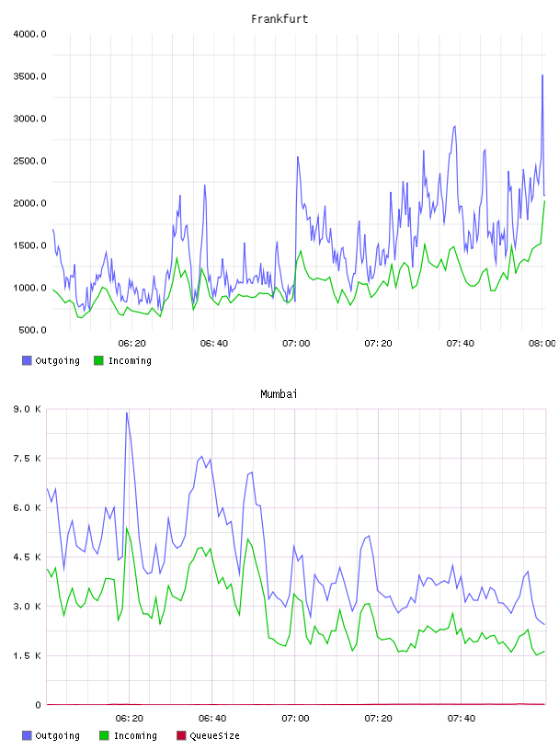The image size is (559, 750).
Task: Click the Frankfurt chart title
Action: pyautogui.click(x=279, y=18)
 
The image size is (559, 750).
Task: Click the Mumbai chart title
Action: pyautogui.click(x=279, y=393)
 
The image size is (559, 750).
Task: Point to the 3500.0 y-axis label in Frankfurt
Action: pyautogui.click(x=29, y=76)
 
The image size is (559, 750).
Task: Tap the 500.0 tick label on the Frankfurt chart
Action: pyautogui.click(x=32, y=330)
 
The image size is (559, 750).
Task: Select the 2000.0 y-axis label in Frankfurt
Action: pyautogui.click(x=29, y=203)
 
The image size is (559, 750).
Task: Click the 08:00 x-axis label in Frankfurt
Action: pyautogui.click(x=542, y=343)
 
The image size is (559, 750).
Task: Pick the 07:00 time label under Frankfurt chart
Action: pyautogui.click(x=296, y=343)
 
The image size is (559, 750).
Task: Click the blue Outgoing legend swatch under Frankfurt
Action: pyautogui.click(x=27, y=360)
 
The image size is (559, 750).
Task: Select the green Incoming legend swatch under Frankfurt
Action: pyautogui.click(x=98, y=360)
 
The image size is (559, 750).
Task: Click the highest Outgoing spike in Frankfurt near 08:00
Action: pyautogui.click(x=542, y=75)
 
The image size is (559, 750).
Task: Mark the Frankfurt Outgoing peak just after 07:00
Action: pyautogui.click(x=298, y=157)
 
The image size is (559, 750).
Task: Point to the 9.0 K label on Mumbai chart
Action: pyautogui.click(x=28, y=409)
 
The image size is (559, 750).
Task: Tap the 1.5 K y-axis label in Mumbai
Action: pyautogui.click(x=28, y=655)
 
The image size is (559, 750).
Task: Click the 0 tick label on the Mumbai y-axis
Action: pyautogui.click(x=39, y=705)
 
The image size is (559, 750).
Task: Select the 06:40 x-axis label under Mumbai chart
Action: pyautogui.click(x=212, y=718)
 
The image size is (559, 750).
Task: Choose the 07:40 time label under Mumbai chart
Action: pyautogui.click(x=462, y=718)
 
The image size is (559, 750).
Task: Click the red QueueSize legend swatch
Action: pyautogui.click(x=181, y=735)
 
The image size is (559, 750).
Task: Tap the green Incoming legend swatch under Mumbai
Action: pyautogui.click(x=104, y=735)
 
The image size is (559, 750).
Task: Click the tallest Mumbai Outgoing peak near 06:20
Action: pyautogui.click(x=127, y=413)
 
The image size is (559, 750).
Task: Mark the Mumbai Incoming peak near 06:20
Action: pyautogui.click(x=127, y=528)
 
